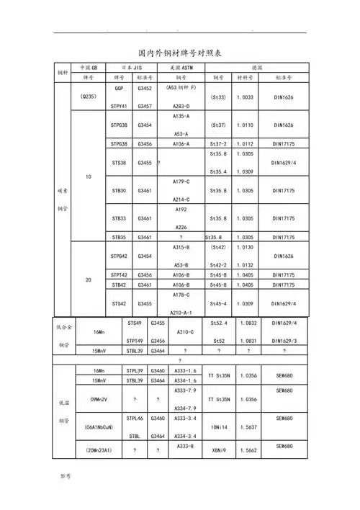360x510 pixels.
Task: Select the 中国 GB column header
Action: pyautogui.click(x=89, y=66)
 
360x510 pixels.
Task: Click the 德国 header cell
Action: pyautogui.click(x=258, y=66)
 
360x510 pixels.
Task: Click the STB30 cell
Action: pyautogui.click(x=119, y=190)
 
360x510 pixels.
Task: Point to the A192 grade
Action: pyautogui.click(x=181, y=209)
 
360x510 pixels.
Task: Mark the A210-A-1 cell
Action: pyautogui.click(x=181, y=311)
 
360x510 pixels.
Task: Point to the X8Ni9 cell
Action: pyautogui.click(x=219, y=449)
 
